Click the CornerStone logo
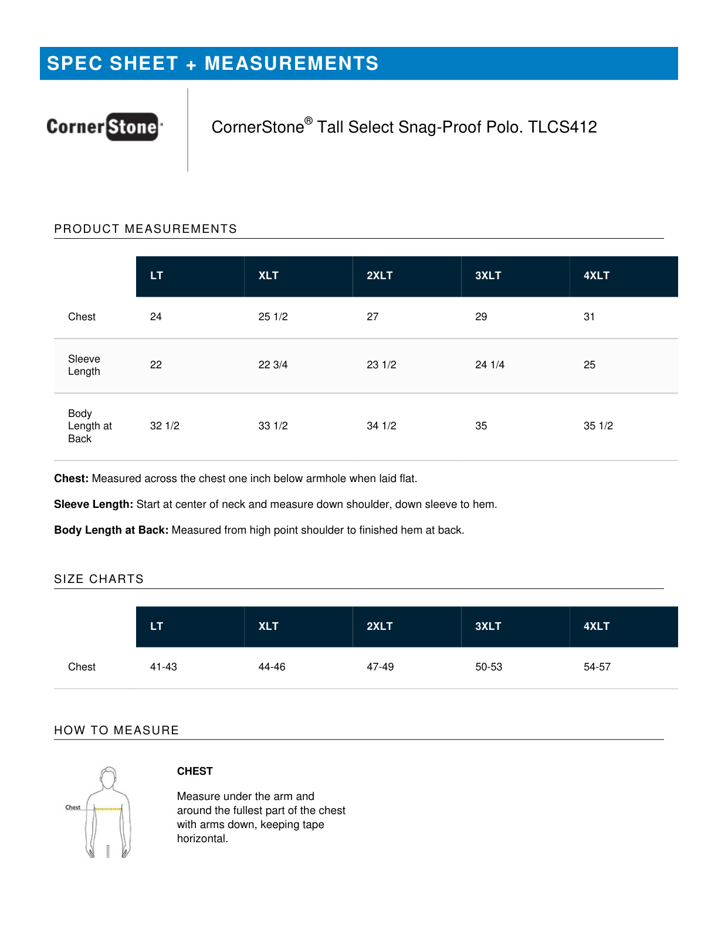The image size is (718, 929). point(104,127)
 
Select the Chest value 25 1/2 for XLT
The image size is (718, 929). point(273,317)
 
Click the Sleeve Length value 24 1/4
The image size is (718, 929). point(489,365)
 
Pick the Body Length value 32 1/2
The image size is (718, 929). point(164,426)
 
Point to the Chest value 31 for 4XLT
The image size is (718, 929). point(589,317)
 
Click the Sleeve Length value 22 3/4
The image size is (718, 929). point(273,365)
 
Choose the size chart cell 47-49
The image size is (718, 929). point(380,667)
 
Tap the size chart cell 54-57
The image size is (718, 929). point(597,667)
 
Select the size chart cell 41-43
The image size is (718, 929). point(163,667)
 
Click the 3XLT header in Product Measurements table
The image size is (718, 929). point(488,276)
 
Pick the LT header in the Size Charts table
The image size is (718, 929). point(156,626)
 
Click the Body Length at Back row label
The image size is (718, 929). point(89,426)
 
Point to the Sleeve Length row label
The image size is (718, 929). point(84,365)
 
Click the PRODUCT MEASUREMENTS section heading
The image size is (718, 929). point(145,229)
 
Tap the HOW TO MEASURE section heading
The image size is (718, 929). point(116,730)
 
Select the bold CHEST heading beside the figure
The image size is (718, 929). point(195,771)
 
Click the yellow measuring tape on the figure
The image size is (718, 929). point(108,809)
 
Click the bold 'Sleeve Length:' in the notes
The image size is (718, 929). point(94,504)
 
